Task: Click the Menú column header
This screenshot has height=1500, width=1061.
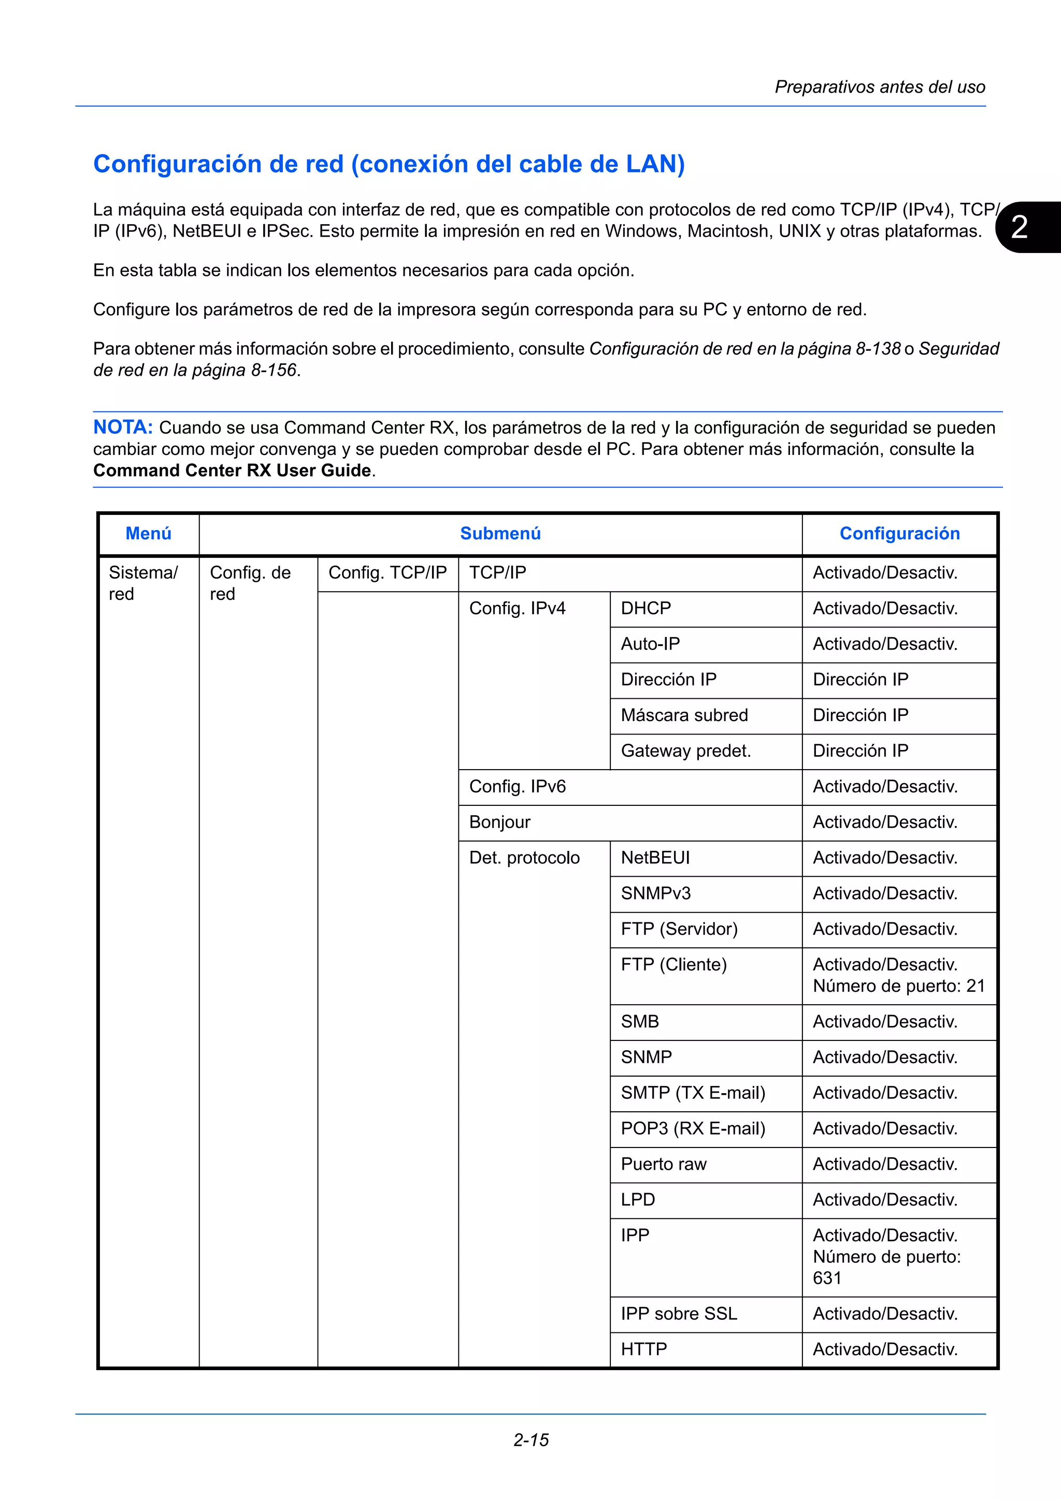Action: click(x=148, y=534)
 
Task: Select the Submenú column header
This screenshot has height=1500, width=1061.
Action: click(x=500, y=534)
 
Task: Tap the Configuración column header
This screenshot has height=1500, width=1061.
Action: click(x=899, y=534)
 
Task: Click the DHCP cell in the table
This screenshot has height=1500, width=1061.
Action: click(x=646, y=608)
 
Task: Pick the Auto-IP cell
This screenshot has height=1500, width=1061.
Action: click(x=651, y=644)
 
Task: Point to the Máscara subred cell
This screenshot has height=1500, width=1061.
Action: click(x=684, y=715)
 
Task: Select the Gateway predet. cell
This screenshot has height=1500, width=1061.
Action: click(x=686, y=751)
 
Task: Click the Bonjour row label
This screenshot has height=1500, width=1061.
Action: click(x=499, y=822)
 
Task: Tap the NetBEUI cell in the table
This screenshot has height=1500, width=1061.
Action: click(x=655, y=858)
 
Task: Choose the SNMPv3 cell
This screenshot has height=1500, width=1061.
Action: click(x=656, y=894)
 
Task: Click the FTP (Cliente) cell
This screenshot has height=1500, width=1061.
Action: click(x=673, y=965)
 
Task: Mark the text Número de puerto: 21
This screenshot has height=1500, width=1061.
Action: click(x=898, y=986)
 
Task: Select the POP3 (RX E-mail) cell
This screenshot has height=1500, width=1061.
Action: click(x=693, y=1129)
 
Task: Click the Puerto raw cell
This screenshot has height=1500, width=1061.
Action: click(x=664, y=1164)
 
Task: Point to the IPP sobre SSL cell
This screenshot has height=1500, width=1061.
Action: click(x=679, y=1314)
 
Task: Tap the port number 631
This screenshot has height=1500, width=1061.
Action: click(x=827, y=1278)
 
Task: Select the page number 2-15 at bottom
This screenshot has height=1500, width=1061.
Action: click(x=531, y=1440)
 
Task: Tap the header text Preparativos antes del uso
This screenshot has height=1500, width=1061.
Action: click(x=879, y=87)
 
